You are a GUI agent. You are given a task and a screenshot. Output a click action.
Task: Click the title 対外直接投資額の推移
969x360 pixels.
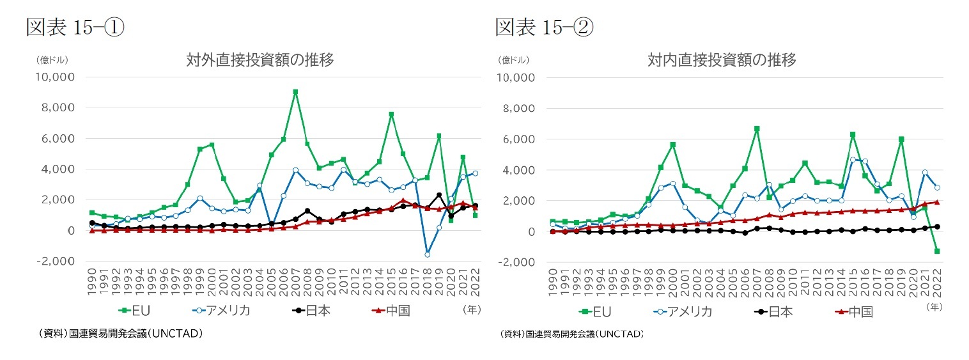pos(260,61)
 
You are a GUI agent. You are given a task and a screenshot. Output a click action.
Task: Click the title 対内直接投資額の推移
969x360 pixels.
pos(722,61)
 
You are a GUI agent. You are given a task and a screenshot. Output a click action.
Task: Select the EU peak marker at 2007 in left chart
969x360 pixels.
pos(295,92)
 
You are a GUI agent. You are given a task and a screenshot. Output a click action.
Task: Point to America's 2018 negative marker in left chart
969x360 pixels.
pos(428,254)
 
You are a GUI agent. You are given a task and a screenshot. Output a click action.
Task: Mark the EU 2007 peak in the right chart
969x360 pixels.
pos(757,129)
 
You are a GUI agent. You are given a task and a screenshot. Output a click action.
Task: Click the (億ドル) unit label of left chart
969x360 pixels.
pos(52,61)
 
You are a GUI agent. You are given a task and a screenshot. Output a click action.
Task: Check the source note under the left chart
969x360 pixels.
pos(121,334)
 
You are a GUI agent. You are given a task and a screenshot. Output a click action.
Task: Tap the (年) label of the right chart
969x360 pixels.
pos(933,307)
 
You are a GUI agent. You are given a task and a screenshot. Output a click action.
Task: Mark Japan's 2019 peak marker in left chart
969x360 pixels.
pos(439,195)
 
